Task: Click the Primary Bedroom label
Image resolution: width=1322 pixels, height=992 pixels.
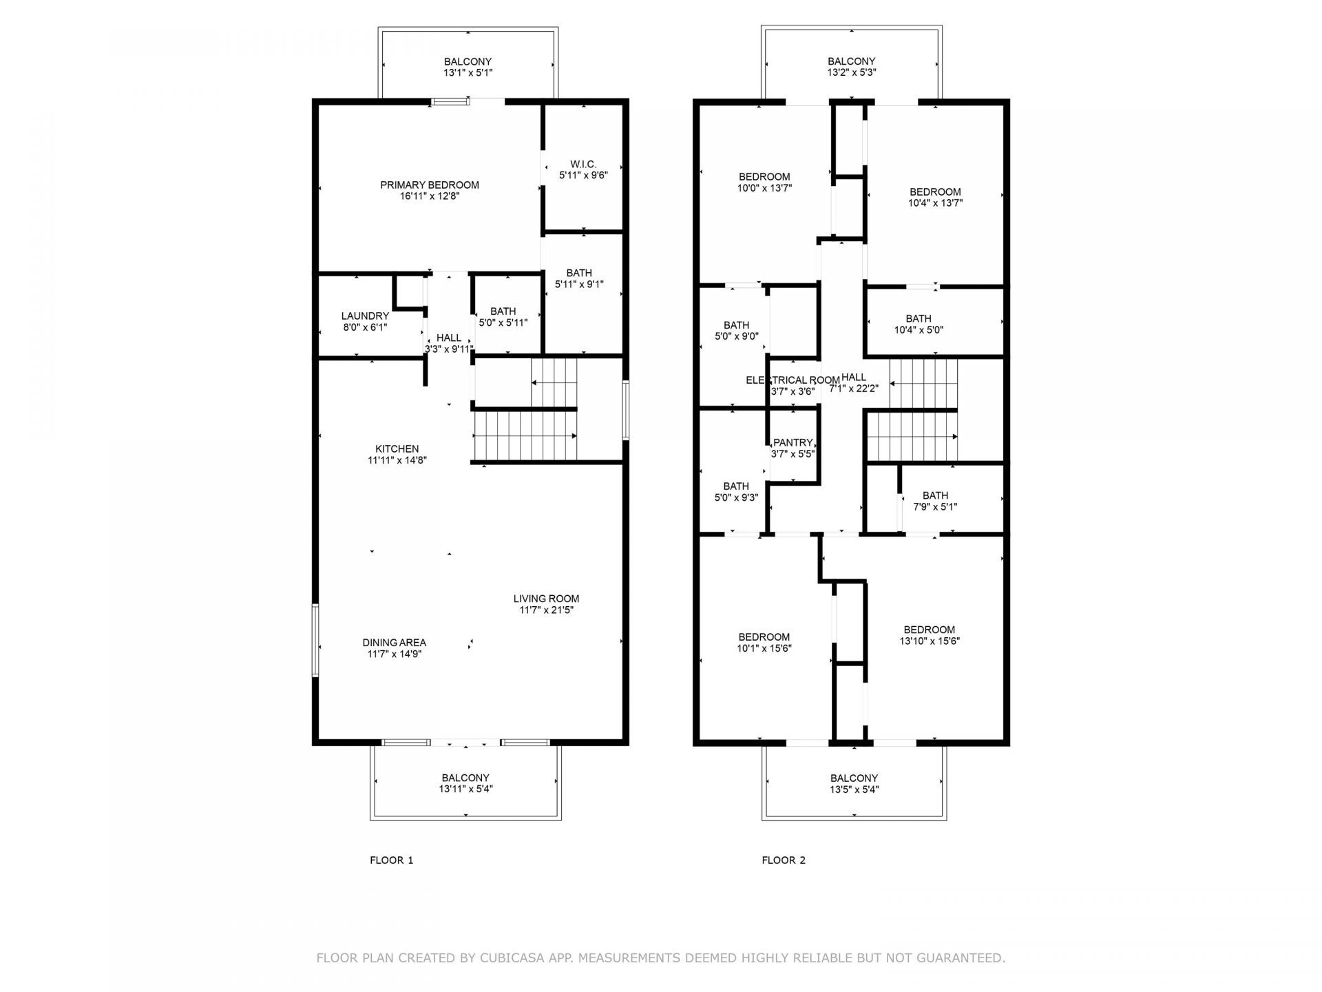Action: [430, 185]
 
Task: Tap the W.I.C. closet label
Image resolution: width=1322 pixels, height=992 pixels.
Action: [583, 164]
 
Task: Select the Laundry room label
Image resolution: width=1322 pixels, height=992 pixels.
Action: [365, 316]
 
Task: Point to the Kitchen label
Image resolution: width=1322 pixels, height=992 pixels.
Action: [397, 449]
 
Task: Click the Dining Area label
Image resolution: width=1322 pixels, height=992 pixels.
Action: [395, 643]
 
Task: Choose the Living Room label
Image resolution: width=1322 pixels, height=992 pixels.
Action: [546, 599]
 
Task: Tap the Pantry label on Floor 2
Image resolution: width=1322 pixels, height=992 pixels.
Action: [793, 443]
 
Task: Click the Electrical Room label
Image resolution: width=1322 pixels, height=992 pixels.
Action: [793, 380]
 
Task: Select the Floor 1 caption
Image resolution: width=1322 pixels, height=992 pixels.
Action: [392, 860]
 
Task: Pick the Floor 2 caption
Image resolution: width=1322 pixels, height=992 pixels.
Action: [784, 860]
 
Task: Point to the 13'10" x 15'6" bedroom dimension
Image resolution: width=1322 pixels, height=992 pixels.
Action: [930, 641]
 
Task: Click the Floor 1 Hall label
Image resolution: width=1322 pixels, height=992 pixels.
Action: [449, 338]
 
